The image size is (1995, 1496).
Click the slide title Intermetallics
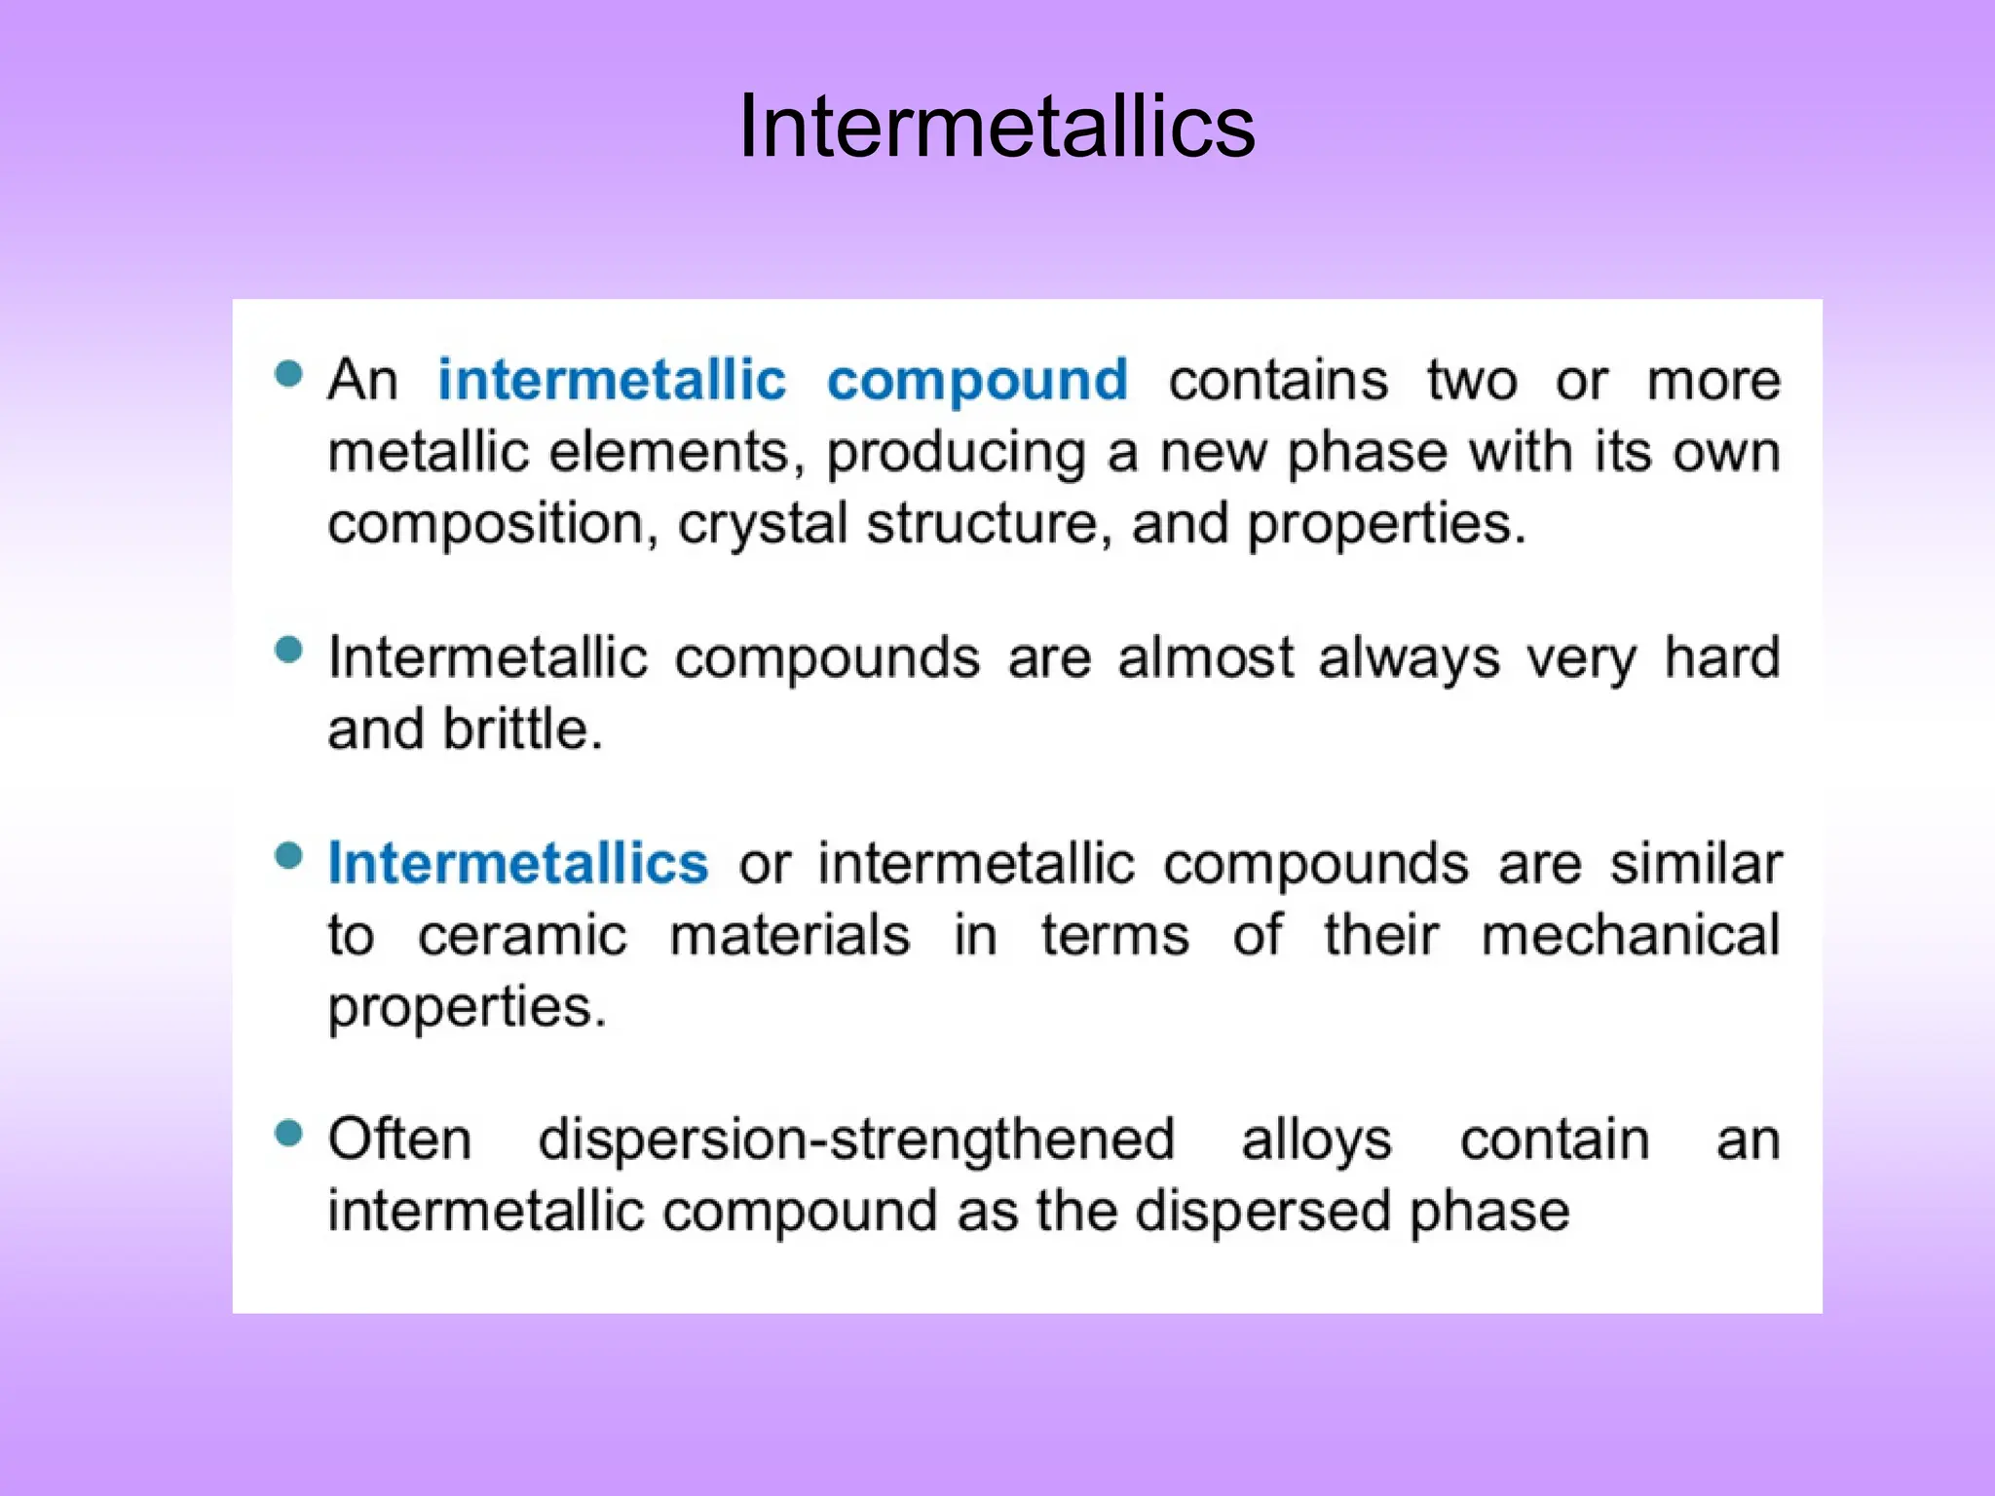pos(997,127)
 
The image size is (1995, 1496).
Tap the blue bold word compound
pos(977,381)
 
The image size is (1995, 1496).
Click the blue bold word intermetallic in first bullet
pos(612,379)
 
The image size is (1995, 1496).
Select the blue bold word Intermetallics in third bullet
pos(518,863)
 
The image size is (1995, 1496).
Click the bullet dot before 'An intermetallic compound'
pos(288,373)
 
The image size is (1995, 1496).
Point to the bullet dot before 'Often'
pos(288,1133)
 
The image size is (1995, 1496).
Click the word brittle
pos(522,729)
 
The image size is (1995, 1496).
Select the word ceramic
pos(522,936)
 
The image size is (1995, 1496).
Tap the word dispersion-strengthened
pos(856,1141)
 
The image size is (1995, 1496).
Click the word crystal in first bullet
pos(762,524)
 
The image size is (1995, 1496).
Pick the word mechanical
pos(1631,936)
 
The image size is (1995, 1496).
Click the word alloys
pos(1316,1141)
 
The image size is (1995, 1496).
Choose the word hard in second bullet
pos(1721,657)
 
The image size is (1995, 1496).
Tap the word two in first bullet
pos(1472,381)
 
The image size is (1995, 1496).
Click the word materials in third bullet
pos(790,936)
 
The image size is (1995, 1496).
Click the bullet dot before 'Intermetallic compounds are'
pos(288,649)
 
